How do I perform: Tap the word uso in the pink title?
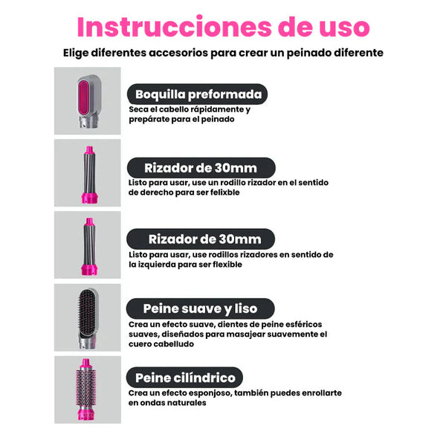[x=344, y=28]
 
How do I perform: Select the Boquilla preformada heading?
[x=198, y=94]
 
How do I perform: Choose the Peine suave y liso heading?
[x=200, y=308]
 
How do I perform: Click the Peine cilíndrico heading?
[x=185, y=378]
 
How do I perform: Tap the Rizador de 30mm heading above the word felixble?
[x=201, y=168]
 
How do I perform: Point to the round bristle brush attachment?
[x=86, y=390]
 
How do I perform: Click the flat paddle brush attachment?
[x=88, y=318]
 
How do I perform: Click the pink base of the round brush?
[x=86, y=413]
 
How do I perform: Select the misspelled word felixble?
[x=225, y=193]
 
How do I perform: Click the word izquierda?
[x=156, y=265]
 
